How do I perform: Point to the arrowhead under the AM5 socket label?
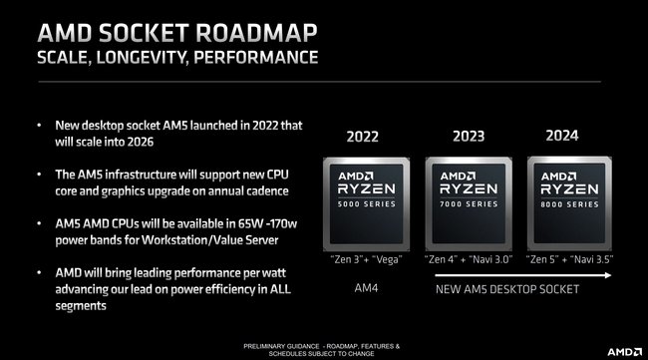pos(604,302)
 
